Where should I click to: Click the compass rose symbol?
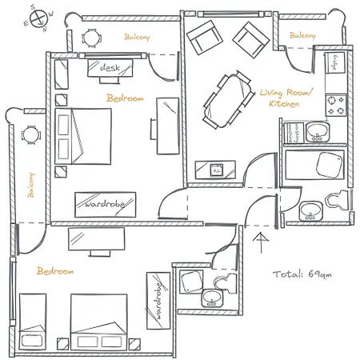(x=38, y=18)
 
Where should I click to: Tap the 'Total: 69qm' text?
(x=302, y=274)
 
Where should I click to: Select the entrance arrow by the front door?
(x=261, y=243)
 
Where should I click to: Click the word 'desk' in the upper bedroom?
(x=110, y=68)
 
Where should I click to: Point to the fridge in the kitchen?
(x=334, y=62)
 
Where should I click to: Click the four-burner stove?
(x=336, y=105)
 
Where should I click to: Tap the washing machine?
(x=294, y=133)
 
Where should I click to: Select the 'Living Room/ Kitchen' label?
(x=286, y=98)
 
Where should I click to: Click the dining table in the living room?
(x=229, y=101)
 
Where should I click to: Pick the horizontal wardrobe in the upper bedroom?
(x=106, y=205)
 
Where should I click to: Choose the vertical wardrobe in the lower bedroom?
(x=158, y=301)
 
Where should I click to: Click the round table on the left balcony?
(x=31, y=135)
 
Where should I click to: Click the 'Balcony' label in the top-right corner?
(x=302, y=35)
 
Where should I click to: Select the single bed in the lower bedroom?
(x=33, y=322)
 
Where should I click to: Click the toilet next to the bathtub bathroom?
(x=338, y=200)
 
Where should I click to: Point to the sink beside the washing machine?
(x=317, y=131)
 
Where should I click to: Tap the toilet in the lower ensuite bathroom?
(x=226, y=283)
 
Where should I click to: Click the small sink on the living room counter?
(x=216, y=170)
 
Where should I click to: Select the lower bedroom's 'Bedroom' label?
(x=55, y=271)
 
